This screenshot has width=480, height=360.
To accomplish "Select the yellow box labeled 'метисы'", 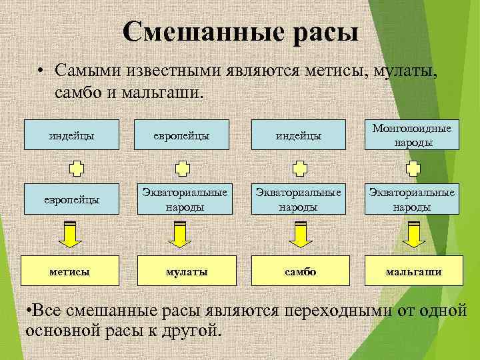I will (71, 271).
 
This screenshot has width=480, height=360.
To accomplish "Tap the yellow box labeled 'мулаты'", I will (186, 271).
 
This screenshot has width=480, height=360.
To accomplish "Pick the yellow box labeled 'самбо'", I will (299, 271).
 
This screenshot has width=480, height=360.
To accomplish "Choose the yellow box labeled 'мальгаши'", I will (413, 271).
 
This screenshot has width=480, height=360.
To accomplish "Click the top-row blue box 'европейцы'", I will (186, 135).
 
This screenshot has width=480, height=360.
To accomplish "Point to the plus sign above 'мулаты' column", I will (181, 168).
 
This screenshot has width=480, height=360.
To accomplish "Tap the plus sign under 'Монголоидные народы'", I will (413, 168).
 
